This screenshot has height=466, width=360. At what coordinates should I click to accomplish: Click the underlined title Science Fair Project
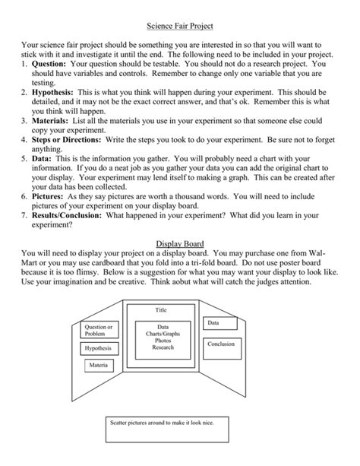pos(180,25)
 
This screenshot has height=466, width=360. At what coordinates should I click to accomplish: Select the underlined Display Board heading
pos(179,243)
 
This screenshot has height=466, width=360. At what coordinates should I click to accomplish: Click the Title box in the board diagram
pos(161,310)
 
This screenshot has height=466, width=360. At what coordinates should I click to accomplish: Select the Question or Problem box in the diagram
pos(99,330)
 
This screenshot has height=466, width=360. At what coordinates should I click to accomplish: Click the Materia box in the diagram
pos(99,366)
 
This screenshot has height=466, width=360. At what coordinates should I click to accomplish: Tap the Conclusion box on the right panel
pos(221,344)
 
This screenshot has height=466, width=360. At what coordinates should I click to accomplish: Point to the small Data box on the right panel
pos(214,324)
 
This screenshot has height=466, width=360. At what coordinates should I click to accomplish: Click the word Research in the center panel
pos(163,347)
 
